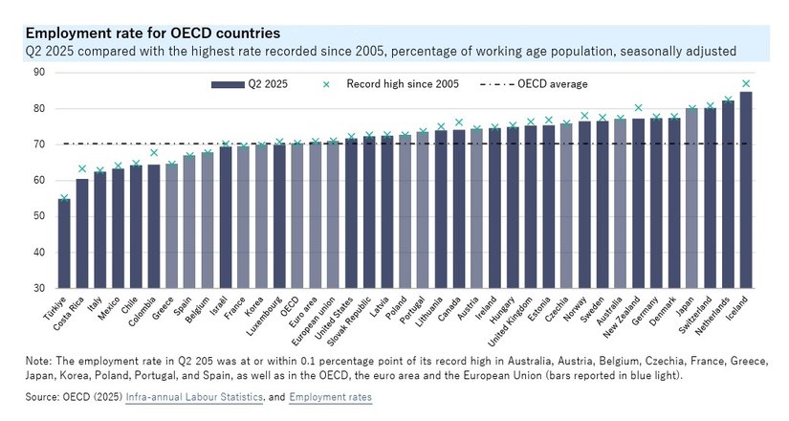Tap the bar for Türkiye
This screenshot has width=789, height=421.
click(64, 243)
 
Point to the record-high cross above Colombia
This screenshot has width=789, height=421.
click(155, 153)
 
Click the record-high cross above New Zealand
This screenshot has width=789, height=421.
click(638, 108)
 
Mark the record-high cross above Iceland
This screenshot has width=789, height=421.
click(746, 83)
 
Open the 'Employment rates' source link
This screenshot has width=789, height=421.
click(332, 396)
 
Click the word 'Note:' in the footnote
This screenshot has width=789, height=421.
click(42, 360)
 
